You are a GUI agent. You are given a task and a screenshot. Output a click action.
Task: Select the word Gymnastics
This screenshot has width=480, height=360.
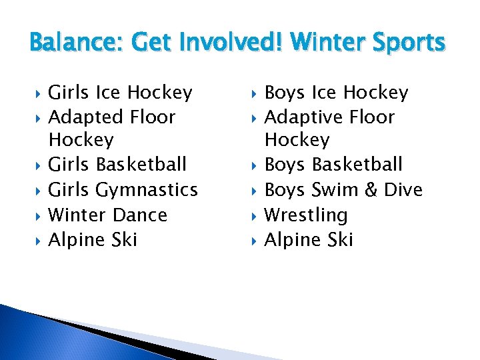click(x=147, y=190)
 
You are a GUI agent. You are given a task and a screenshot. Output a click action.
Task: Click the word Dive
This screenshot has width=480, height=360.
click(x=402, y=190)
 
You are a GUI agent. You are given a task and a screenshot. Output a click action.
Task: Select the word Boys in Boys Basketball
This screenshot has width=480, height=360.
click(x=285, y=164)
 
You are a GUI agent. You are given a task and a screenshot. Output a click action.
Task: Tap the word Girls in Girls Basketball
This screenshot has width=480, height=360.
click(x=70, y=164)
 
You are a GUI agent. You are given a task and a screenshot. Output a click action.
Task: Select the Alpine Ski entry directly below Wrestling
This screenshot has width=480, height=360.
click(x=309, y=239)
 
